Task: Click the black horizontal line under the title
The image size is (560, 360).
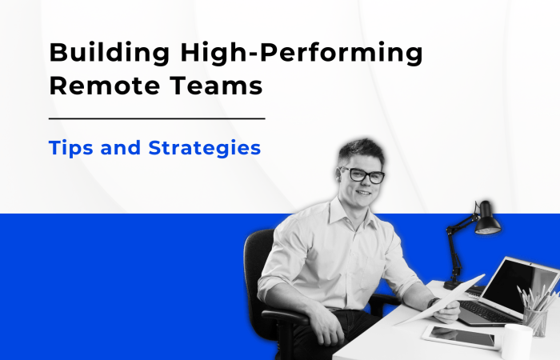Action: coord(157,118)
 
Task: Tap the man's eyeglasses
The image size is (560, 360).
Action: coord(362,174)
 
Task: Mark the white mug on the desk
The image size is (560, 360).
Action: coord(517,342)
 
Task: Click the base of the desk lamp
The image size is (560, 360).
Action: coord(454,283)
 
